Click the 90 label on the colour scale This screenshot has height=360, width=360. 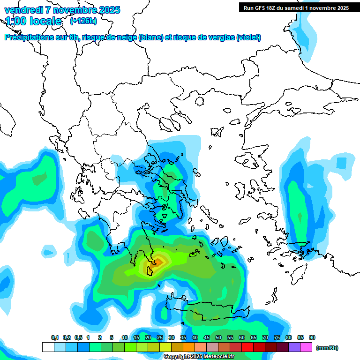(x=312, y=338)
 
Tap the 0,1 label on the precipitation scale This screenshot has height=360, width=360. (x=55, y=338)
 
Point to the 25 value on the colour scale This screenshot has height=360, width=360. (x=160, y=338)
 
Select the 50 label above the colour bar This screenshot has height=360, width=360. (x=218, y=338)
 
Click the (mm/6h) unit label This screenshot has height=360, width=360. (x=327, y=348)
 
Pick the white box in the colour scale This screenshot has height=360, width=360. (x=48, y=347)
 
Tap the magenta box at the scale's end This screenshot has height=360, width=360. (x=306, y=347)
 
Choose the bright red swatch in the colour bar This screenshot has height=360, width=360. (x=247, y=347)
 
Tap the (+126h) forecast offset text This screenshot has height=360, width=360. (x=83, y=21)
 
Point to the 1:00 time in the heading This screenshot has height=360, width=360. (x=15, y=21)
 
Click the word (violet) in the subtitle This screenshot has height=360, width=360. (x=248, y=37)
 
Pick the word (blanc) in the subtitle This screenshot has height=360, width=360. (x=151, y=37)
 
